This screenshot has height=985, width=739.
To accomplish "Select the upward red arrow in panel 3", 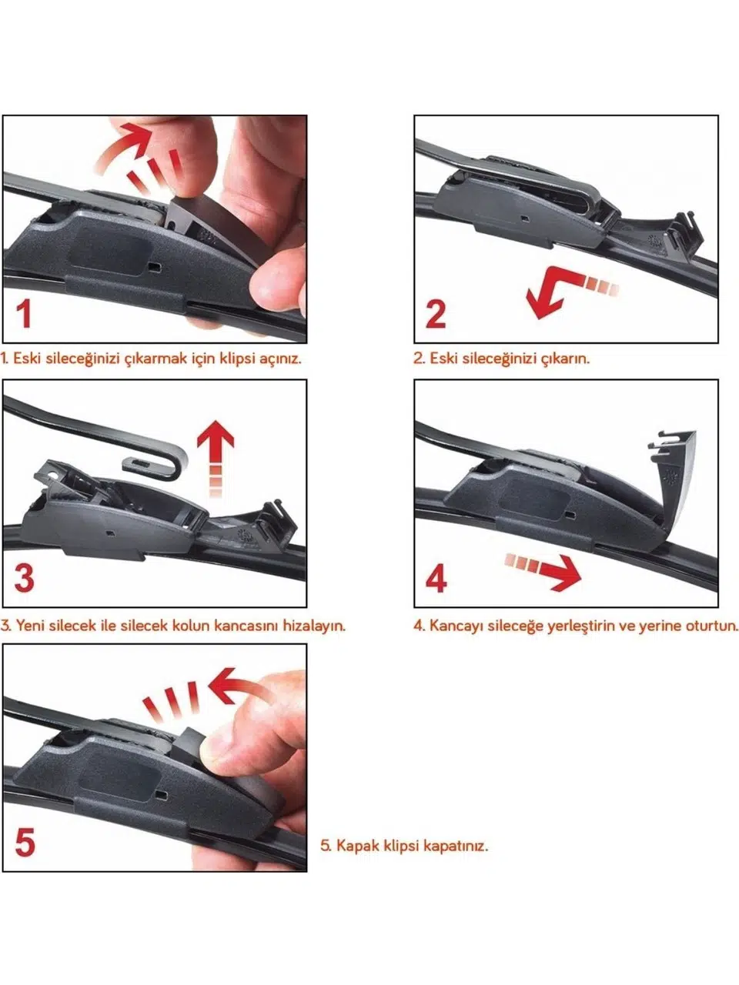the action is point(216,458).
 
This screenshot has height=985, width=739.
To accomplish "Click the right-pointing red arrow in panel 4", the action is point(543,570).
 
